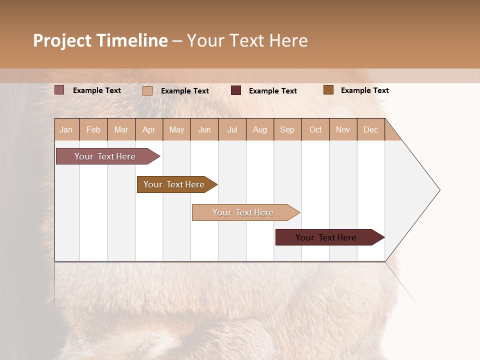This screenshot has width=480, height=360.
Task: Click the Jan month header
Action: tap(66, 130)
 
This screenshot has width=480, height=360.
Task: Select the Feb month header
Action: tap(93, 130)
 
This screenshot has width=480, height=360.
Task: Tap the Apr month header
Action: tap(149, 130)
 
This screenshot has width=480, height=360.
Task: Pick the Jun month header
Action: tap(204, 130)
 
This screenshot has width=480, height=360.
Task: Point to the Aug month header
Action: tap(260, 130)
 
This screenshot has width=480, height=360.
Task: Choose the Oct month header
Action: tap(315, 130)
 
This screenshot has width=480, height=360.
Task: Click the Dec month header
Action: tap(370, 130)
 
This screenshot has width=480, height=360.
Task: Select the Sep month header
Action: tap(287, 130)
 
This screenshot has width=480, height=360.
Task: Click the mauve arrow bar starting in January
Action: tap(108, 156)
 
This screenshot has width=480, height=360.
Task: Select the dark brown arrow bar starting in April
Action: tap(177, 184)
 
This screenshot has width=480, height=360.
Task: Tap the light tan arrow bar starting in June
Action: tap(246, 212)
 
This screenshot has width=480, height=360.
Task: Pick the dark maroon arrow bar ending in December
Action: tap(330, 237)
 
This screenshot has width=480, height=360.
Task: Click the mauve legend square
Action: tap(59, 90)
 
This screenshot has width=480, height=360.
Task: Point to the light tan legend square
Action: tap(147, 90)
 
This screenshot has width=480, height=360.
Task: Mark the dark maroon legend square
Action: tap(235, 90)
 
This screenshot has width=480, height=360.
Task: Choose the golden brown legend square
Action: tap(328, 90)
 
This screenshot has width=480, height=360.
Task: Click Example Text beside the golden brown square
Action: tap(365, 90)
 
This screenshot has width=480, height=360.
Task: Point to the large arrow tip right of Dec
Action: tap(440, 190)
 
